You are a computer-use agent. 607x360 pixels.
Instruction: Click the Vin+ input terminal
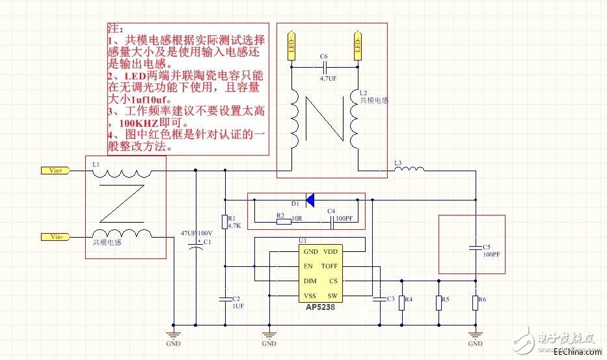[x=55, y=171]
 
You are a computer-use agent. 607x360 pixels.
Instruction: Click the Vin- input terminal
[x=55, y=236]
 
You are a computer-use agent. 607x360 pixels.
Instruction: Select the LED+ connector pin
[x=292, y=46]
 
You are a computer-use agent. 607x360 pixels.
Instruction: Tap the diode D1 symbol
[x=310, y=199]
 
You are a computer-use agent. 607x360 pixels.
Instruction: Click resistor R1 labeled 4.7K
[x=224, y=222]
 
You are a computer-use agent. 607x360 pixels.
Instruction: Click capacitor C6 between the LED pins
[x=324, y=66]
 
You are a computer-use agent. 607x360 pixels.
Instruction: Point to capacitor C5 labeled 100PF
[x=476, y=248]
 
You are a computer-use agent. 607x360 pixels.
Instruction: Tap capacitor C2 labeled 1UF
[x=224, y=299]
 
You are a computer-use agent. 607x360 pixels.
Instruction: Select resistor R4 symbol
[x=401, y=301]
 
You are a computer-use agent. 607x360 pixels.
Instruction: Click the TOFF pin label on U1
[x=329, y=266]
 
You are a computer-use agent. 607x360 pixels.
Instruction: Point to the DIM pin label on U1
[x=310, y=281]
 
